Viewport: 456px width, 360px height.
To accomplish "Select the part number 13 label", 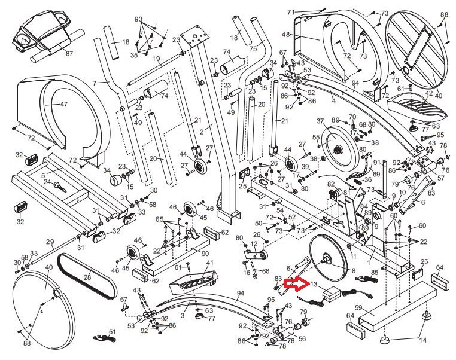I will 314,285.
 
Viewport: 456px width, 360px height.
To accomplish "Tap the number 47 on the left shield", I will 63,104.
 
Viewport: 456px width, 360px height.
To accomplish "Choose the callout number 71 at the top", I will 291,12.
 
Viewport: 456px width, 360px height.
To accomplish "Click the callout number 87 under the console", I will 69,54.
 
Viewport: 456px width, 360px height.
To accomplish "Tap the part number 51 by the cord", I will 112,332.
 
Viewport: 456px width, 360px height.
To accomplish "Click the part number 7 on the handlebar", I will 94,81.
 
